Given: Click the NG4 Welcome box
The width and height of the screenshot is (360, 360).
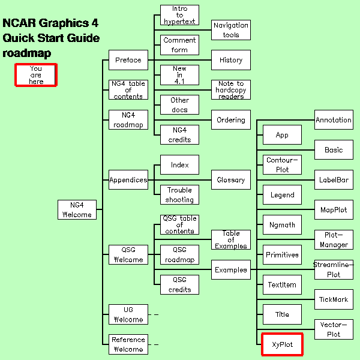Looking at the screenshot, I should (x=77, y=209).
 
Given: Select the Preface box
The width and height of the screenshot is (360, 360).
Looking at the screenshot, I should (x=128, y=60).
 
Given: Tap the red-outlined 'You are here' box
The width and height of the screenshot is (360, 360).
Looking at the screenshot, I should (x=36, y=75).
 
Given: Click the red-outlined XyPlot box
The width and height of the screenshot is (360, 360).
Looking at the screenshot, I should (x=282, y=344).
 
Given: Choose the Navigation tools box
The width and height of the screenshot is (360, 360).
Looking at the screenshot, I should (x=231, y=30).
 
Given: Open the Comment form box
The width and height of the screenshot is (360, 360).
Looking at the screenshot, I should (x=179, y=45).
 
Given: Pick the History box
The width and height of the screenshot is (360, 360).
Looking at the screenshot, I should (x=231, y=60).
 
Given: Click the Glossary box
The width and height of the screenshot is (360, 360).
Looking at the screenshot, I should (x=231, y=179).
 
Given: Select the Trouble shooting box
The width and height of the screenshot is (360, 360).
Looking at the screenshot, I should (x=179, y=194).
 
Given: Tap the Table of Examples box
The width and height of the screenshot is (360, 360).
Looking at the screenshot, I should (x=231, y=239).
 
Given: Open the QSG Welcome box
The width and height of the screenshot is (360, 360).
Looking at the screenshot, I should (x=128, y=254).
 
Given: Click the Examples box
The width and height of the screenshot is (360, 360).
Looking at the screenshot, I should (x=231, y=269).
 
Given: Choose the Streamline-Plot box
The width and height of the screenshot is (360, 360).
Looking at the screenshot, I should (x=334, y=269).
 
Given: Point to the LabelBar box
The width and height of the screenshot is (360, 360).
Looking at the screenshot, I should (x=334, y=179).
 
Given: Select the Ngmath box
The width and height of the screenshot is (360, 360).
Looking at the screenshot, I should (x=282, y=225).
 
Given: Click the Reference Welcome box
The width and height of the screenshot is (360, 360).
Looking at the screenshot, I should (x=128, y=344).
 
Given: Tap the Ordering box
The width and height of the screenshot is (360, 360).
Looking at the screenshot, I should (x=231, y=119).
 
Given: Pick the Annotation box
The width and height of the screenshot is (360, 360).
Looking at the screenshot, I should (x=334, y=119).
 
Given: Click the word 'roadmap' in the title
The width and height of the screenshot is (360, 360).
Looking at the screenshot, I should (x=27, y=53).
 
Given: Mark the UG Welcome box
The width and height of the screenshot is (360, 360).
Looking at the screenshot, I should (x=128, y=314).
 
